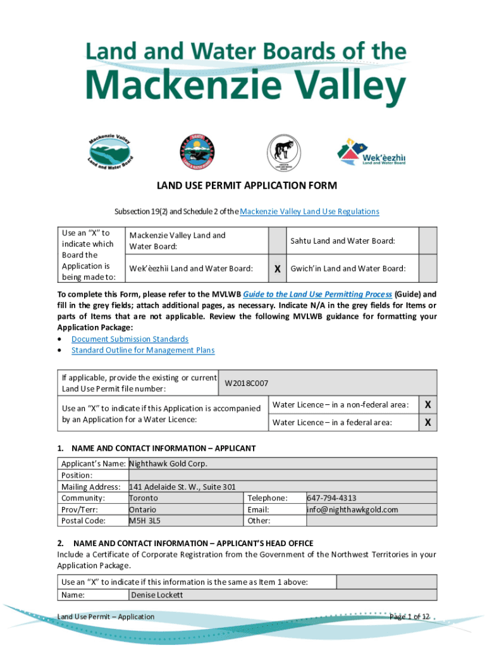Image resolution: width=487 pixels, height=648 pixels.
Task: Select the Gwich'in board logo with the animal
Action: point(279,153)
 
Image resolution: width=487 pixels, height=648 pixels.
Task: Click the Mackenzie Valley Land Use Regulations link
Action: point(309,211)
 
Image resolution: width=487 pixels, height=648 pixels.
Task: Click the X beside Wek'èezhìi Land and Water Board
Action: point(277,269)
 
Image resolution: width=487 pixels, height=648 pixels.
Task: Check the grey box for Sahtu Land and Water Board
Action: point(428,240)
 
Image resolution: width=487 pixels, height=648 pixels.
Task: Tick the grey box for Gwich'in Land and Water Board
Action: point(428,269)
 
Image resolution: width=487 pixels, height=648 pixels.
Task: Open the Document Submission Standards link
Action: point(130,339)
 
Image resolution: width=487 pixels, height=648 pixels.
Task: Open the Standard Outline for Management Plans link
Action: point(143,350)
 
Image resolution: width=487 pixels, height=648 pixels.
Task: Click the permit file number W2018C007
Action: point(247,383)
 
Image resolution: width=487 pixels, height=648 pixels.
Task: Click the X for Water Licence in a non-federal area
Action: point(428,404)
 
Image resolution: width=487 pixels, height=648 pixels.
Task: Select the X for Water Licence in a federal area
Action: point(428,422)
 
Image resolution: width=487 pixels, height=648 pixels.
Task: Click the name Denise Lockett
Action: point(157,595)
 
